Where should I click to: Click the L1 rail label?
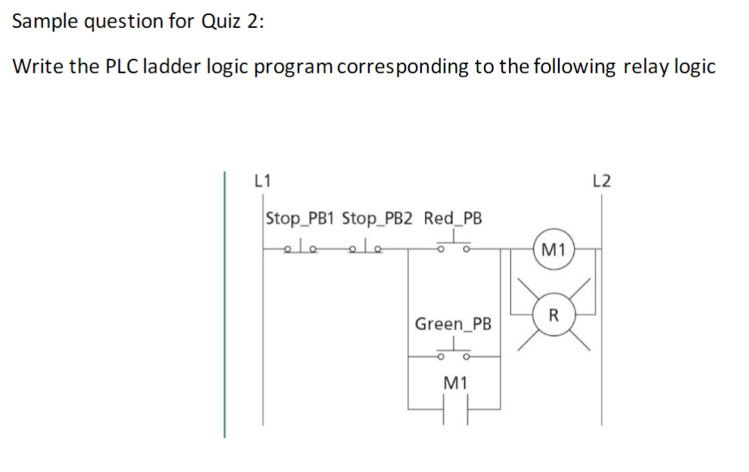pyautogui.click(x=262, y=181)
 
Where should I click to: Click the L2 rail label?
pyautogui.click(x=602, y=181)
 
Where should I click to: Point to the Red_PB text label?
pyautogui.click(x=453, y=219)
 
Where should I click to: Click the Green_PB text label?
pyautogui.click(x=454, y=324)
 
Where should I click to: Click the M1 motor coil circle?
pyautogui.click(x=554, y=249)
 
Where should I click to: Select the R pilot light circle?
pyautogui.click(x=554, y=314)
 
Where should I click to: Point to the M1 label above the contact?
pyautogui.click(x=454, y=383)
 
